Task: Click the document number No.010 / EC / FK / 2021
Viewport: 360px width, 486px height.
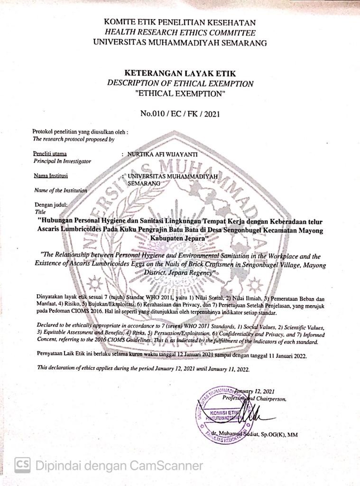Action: click(x=180, y=113)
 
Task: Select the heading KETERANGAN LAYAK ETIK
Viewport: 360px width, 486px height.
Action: click(x=180, y=73)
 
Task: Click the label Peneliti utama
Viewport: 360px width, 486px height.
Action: click(x=50, y=154)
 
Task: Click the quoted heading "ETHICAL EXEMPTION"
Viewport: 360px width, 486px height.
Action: click(x=180, y=93)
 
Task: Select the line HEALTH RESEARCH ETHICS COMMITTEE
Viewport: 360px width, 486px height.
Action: click(x=180, y=32)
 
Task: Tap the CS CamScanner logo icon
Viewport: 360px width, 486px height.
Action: click(x=22, y=465)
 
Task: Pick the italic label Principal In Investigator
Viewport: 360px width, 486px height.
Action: click(x=62, y=161)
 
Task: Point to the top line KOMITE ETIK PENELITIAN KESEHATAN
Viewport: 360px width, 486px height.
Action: click(x=180, y=22)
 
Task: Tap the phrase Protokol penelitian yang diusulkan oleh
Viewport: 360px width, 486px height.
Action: click(x=80, y=131)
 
